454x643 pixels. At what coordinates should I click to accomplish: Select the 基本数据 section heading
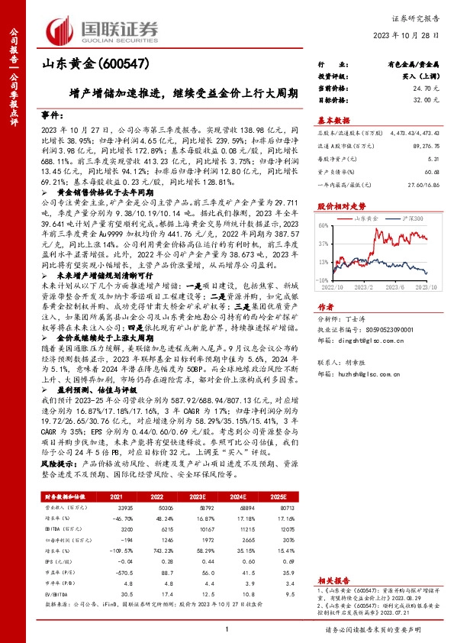[x=333, y=121]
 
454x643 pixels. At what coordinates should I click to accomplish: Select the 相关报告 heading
[x=333, y=580]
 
